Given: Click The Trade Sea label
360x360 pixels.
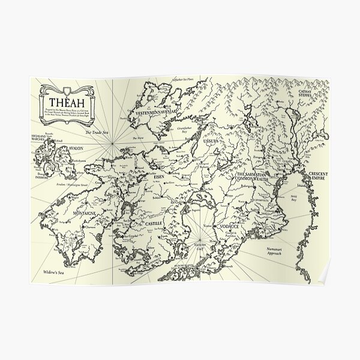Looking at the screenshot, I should click(96, 133).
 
